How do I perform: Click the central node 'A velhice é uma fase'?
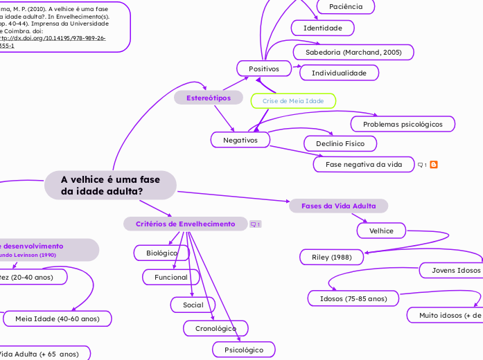tap(110, 185)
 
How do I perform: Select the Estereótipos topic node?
tap(209, 98)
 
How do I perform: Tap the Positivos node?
tap(263, 69)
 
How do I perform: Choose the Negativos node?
tap(240, 140)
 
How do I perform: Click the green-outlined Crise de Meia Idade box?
tap(293, 101)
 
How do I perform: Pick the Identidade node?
tap(322, 28)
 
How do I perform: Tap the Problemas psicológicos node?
tap(403, 124)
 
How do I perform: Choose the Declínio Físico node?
tap(340, 143)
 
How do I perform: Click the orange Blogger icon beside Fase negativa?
tap(434, 165)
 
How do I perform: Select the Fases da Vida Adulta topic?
tap(338, 206)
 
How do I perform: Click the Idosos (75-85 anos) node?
tap(353, 298)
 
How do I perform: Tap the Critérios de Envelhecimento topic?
tap(185, 224)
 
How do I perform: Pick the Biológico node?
tap(161, 253)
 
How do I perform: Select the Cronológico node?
tap(216, 328)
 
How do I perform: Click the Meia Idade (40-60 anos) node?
tap(57, 318)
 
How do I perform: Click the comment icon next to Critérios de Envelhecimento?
tap(255, 224)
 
